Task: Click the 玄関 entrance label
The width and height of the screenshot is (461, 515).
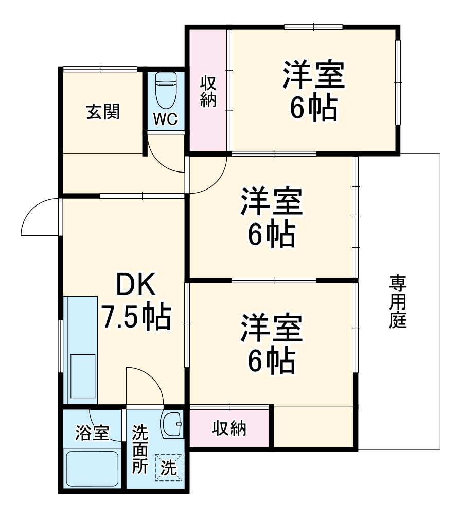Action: pos(103,112)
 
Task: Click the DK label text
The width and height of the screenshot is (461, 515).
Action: pos(135,285)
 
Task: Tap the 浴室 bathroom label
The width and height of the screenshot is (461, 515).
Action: pos(92,433)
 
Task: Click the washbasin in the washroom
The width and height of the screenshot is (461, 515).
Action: pos(171,424)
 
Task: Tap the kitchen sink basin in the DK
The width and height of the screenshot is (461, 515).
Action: pos(82,378)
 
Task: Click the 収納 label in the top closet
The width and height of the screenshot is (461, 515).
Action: pos(208,91)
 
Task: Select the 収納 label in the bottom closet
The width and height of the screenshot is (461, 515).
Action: pos(229,428)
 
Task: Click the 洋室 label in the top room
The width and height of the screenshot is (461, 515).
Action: pos(312,76)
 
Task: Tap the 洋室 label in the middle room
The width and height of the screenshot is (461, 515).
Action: pos(272,202)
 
